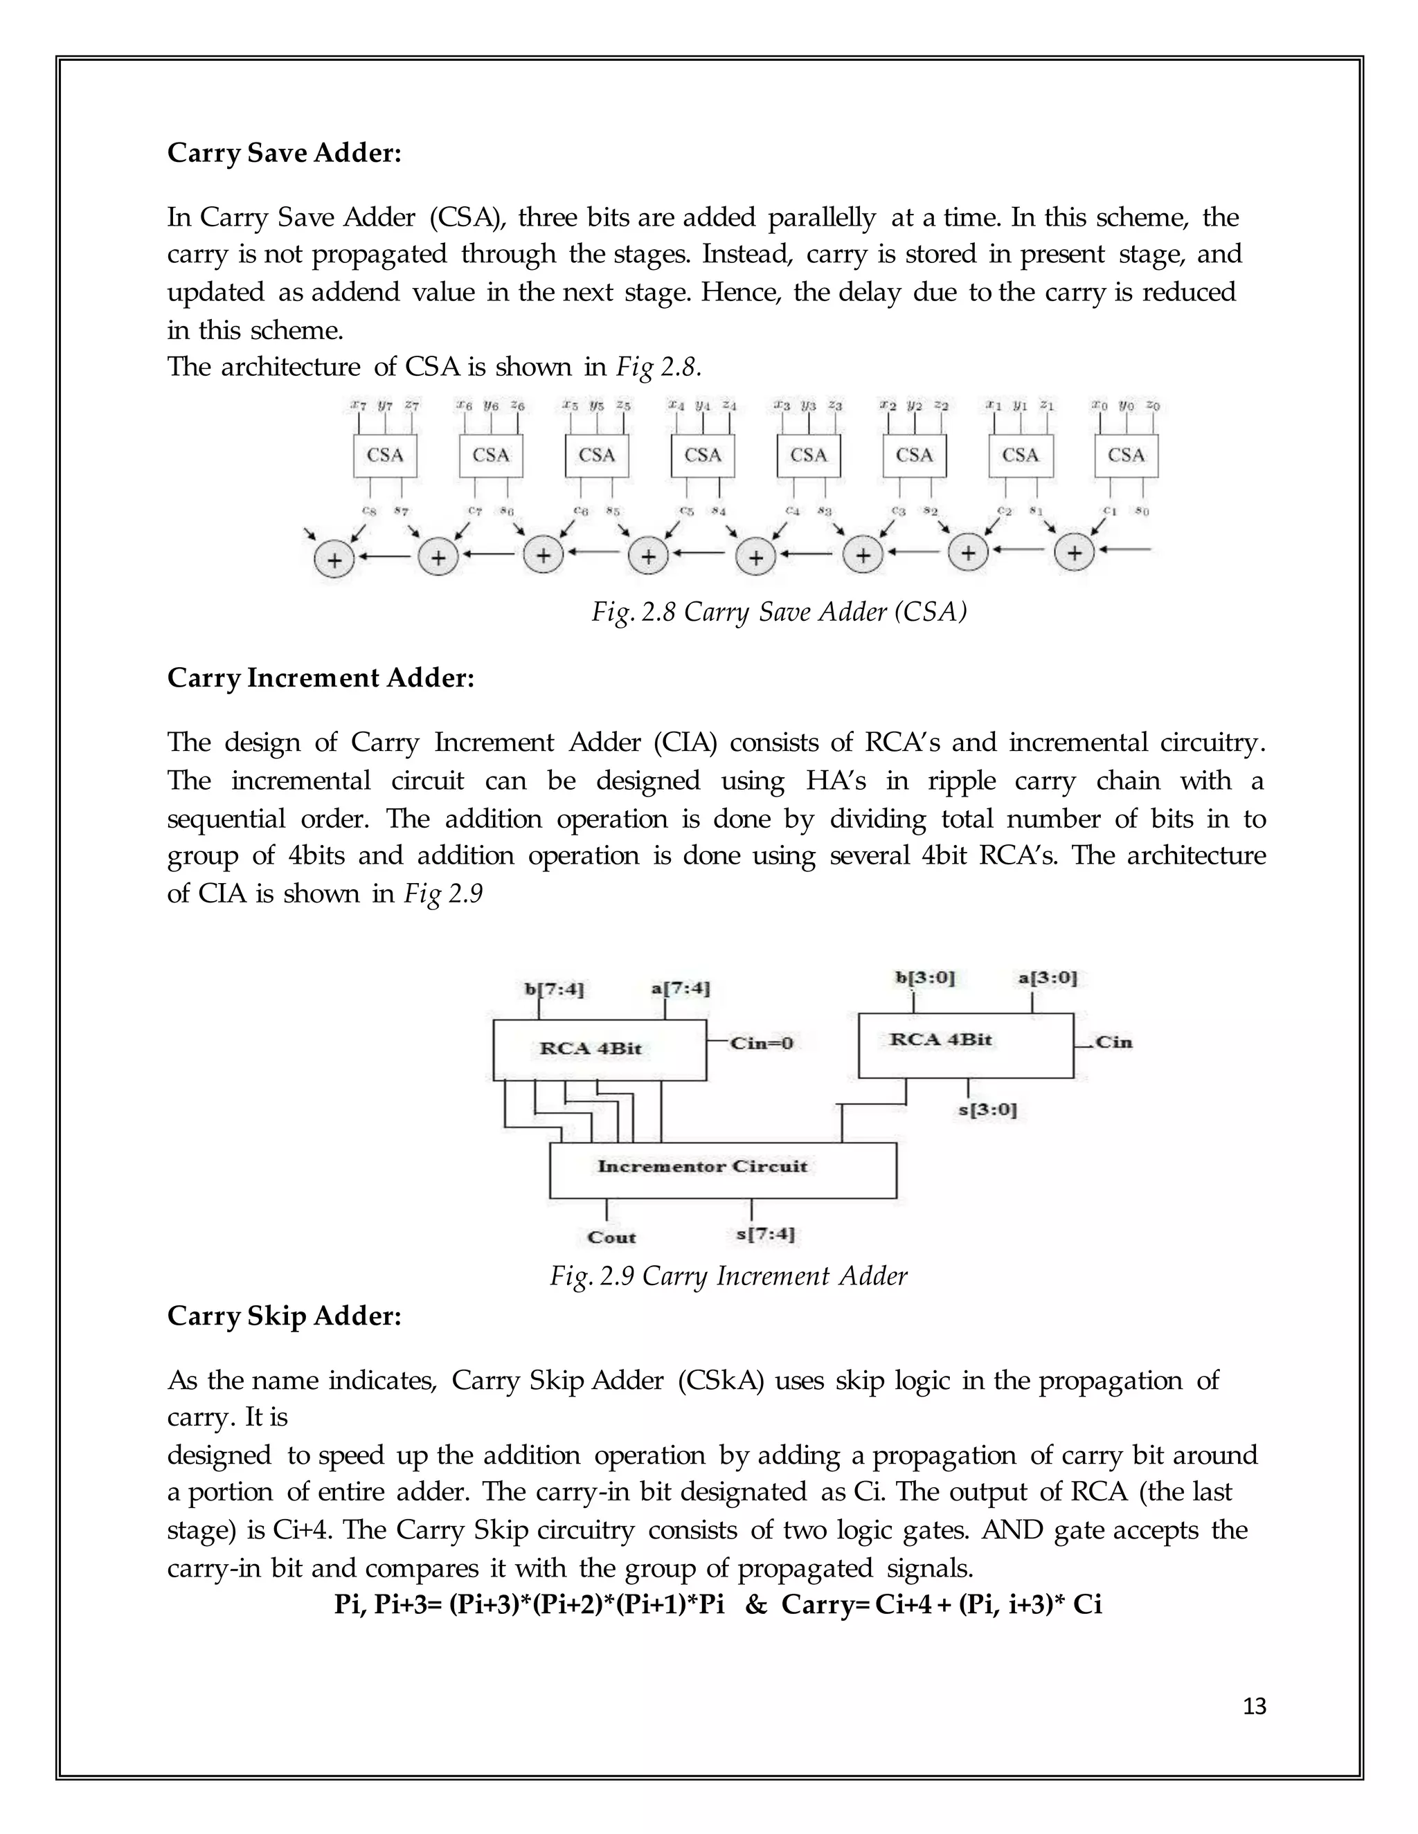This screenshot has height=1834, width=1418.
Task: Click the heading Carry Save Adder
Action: coord(284,154)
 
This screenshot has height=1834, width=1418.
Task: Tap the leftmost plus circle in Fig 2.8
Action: coord(334,561)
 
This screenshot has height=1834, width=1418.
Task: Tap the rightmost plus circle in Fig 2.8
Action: coord(1074,554)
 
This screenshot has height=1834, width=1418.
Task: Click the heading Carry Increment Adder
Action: coord(321,678)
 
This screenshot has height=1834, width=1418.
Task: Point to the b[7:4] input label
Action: coord(554,989)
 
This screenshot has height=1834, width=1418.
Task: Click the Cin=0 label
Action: coord(762,1044)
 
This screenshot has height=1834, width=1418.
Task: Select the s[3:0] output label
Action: coord(987,1110)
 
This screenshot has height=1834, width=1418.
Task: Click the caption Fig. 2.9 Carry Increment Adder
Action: coord(728,1276)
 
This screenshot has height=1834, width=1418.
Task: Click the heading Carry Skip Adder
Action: coord(284,1316)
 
